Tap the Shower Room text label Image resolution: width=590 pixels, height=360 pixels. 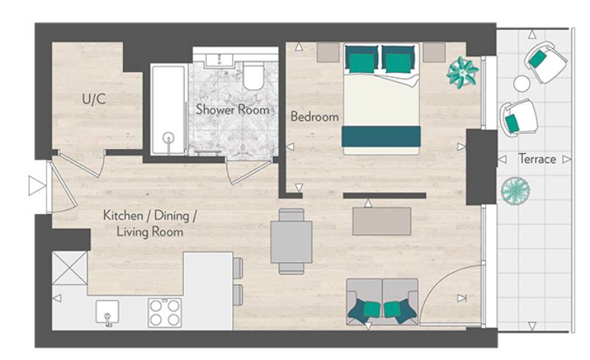[232, 110]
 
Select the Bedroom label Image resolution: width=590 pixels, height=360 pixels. [315, 116]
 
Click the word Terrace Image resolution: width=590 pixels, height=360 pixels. [537, 159]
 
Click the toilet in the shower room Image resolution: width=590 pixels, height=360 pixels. [253, 76]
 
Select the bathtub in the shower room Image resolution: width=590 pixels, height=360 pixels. [168, 110]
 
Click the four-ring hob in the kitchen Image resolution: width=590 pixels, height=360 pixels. [165, 312]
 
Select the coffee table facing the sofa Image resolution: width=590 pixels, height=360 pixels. [382, 221]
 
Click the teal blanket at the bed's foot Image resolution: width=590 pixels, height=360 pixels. [381, 137]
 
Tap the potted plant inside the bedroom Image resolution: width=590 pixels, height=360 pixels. [462, 72]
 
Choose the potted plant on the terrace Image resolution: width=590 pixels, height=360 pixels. [516, 191]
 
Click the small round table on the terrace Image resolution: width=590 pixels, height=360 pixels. [521, 83]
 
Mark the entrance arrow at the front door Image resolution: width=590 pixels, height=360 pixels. [37, 186]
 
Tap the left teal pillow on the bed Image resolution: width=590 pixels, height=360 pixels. [361, 58]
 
